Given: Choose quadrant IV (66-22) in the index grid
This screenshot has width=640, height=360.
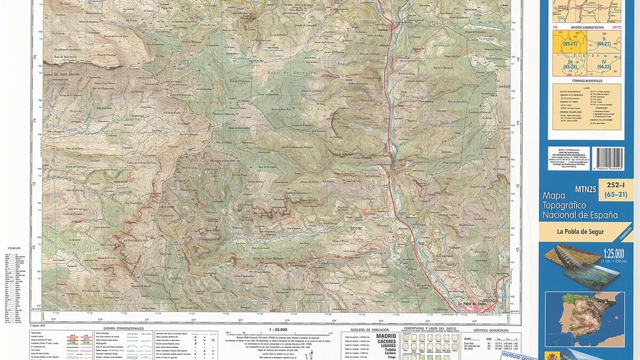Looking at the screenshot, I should click(x=604, y=65).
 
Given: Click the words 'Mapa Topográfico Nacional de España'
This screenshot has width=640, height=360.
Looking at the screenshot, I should click(x=580, y=205).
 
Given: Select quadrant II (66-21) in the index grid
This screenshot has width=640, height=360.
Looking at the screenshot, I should click(x=604, y=43).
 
